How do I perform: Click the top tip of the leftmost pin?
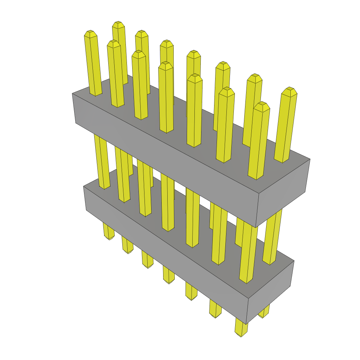[90, 33]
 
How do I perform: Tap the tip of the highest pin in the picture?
[119, 24]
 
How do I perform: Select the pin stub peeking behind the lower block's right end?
[264, 312]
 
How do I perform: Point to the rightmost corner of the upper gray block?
[310, 159]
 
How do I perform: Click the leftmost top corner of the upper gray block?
[72, 94]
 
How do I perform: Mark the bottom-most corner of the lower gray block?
[246, 324]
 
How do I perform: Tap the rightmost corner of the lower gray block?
[294, 261]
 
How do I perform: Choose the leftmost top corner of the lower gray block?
[84, 186]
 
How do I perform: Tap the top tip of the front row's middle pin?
[165, 65]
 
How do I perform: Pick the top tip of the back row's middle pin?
[194, 53]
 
